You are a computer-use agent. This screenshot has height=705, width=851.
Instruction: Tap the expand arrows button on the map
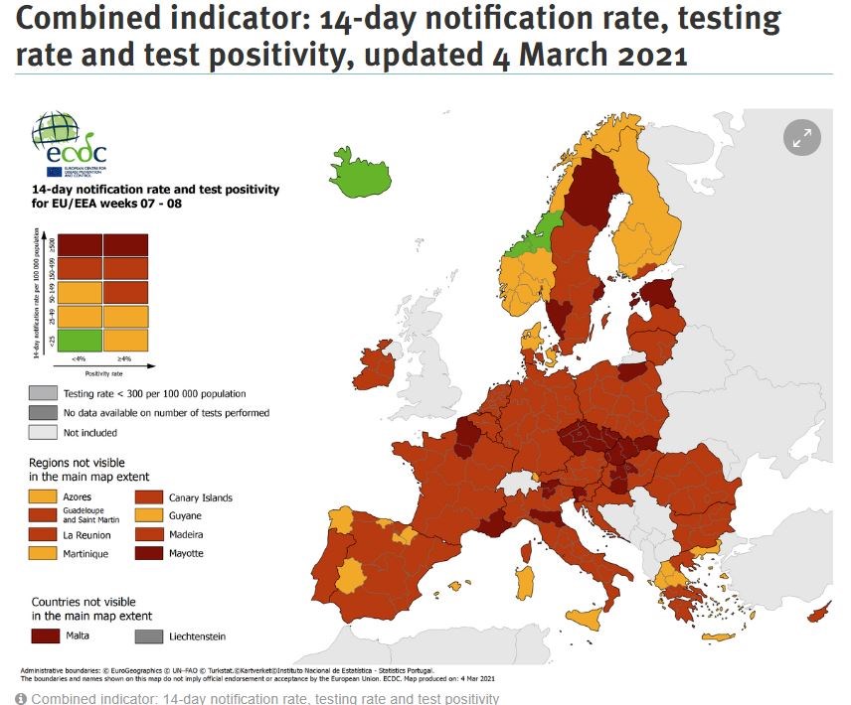coord(800,138)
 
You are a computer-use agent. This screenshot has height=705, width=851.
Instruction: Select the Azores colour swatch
coord(43,496)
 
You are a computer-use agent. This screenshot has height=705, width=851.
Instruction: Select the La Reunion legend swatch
coord(43,534)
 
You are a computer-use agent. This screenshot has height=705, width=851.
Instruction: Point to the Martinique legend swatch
coord(43,553)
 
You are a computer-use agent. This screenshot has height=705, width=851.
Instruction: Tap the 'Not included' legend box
coord(43,432)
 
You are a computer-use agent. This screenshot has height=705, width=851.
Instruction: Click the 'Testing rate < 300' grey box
coord(43,393)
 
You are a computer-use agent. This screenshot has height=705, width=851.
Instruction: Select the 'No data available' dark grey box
coord(43,412)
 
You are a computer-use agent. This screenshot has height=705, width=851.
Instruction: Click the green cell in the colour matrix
coord(79,340)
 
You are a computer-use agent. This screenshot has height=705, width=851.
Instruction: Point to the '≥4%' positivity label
coord(124,359)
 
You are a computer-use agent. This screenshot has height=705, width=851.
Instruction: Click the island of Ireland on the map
coord(377,367)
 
